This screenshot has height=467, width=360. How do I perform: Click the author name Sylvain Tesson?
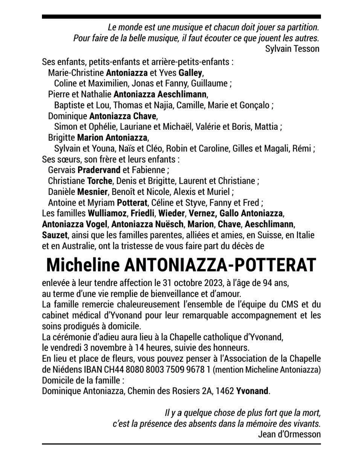pyautogui.click(x=292, y=49)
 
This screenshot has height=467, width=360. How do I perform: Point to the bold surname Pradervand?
pyautogui.click(x=99, y=170)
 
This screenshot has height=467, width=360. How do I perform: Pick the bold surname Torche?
pyautogui.click(x=99, y=181)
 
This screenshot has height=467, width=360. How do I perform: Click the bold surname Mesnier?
pyautogui.click(x=92, y=192)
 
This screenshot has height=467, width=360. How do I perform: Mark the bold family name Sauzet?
pyautogui.click(x=54, y=235)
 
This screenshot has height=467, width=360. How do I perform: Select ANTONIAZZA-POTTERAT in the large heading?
pyautogui.click(x=220, y=265)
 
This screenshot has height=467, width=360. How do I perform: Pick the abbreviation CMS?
pyautogui.click(x=291, y=305)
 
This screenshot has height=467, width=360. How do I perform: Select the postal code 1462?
pyautogui.click(x=225, y=391)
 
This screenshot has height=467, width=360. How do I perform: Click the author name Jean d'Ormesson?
pyautogui.click(x=289, y=434)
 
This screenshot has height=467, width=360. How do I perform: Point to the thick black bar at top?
pyautogui.click(x=181, y=17)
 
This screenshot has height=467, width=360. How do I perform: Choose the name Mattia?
pyautogui.click(x=267, y=126)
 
